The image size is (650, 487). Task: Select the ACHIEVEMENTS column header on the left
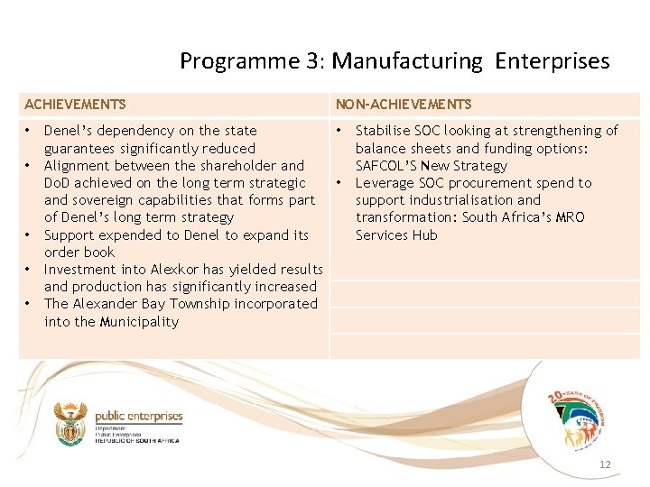tap(75, 105)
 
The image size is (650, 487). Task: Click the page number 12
tap(605, 464)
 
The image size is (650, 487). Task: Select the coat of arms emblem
tap(70, 423)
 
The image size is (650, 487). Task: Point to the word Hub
tap(422, 235)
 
